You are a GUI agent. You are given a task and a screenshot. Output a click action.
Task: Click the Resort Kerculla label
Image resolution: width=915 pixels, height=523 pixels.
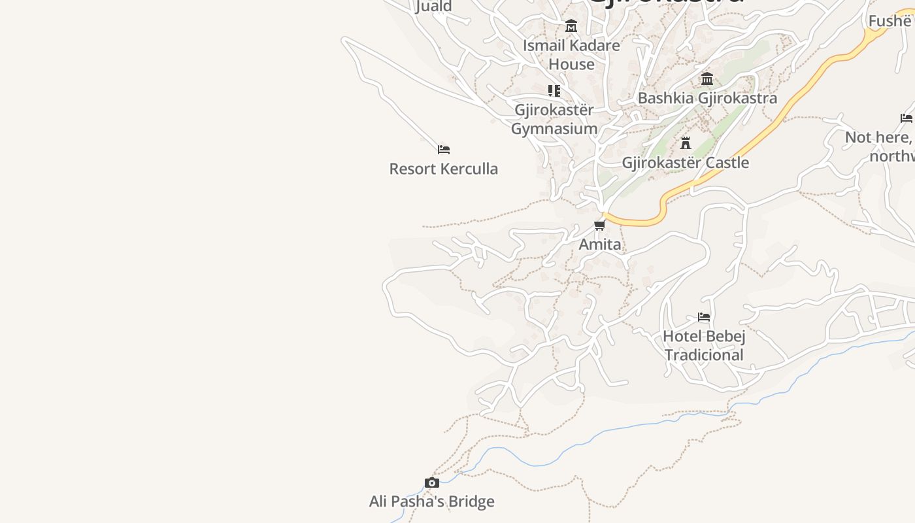tap(443, 169)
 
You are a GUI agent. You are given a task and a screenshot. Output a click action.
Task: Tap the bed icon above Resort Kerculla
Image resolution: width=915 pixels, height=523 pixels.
tap(444, 150)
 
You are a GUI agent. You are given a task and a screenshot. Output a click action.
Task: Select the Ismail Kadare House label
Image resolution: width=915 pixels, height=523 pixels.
tap(571, 54)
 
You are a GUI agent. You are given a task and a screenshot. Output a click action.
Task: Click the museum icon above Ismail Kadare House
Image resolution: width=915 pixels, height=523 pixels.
tap(571, 26)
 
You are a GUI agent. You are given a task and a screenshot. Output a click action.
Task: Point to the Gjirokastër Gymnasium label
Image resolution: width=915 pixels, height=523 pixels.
tap(554, 119)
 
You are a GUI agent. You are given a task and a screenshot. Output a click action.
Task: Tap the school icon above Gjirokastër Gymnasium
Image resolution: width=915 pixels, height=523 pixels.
tap(554, 90)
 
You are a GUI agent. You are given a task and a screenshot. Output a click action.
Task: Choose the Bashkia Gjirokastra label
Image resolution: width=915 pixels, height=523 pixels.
tap(707, 98)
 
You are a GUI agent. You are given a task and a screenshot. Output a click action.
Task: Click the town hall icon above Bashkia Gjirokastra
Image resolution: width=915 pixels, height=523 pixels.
tap(707, 79)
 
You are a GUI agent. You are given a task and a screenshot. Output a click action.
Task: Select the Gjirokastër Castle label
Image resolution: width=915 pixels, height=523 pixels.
tap(685, 162)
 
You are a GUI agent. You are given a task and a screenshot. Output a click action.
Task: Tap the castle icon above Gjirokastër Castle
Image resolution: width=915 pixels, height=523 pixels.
tap(686, 143)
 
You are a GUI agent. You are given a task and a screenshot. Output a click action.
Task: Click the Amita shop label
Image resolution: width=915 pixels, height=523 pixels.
tap(600, 245)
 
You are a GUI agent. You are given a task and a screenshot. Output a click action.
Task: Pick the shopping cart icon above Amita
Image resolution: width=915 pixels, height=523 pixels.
tap(599, 226)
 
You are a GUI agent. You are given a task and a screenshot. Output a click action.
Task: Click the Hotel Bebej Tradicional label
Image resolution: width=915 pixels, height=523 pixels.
tap(704, 345)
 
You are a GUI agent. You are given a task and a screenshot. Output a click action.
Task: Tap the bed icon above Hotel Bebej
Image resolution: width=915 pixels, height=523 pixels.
tap(704, 317)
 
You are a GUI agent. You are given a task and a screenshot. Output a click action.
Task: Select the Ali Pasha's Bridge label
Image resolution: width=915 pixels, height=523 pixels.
tap(431, 501)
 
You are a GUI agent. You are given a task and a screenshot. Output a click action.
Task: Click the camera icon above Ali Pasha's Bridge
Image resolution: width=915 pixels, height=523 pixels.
tap(432, 483)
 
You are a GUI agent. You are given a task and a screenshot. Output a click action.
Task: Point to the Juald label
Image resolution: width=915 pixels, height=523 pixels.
tap(434, 7)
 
